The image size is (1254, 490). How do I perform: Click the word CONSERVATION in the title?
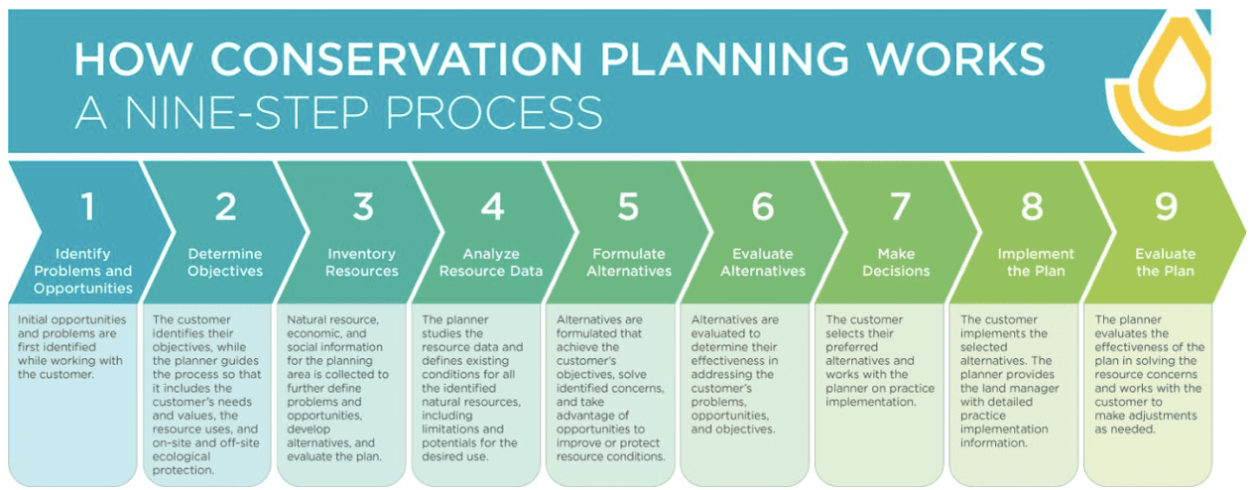tap(397, 59)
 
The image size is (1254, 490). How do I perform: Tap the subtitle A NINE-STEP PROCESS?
tap(338, 112)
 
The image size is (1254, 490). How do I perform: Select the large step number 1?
tap(88, 206)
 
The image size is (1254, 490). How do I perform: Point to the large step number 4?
tap(493, 206)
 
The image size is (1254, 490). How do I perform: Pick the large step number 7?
tap(900, 206)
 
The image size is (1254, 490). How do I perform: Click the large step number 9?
tap(1167, 206)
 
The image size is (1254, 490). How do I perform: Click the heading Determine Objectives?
tap(225, 262)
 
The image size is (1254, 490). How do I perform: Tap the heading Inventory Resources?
tap(362, 262)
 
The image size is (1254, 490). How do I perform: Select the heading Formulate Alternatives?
tap(629, 262)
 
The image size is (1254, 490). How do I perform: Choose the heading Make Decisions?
tap(896, 262)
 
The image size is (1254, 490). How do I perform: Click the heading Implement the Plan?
tap(1036, 262)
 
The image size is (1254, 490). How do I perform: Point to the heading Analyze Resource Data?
tap(491, 262)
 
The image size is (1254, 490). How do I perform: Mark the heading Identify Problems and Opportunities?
tap(83, 271)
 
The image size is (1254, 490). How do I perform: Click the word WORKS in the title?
tap(956, 59)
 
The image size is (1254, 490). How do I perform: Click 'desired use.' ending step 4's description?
tap(455, 456)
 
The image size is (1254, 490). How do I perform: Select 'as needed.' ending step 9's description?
tap(1125, 429)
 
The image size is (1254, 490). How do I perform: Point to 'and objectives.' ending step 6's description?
tap(733, 429)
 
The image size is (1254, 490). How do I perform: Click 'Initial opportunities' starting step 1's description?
tap(71, 319)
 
